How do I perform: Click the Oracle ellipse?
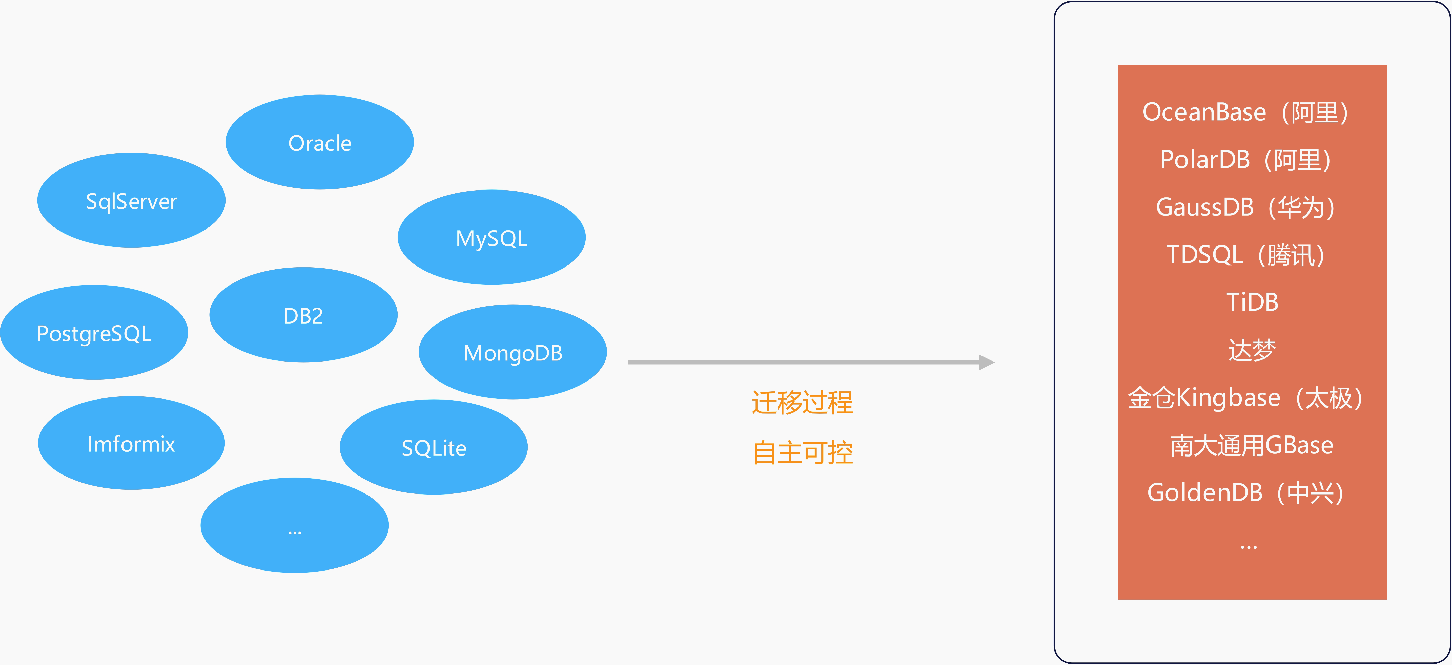point(320,142)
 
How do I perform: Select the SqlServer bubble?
point(131,200)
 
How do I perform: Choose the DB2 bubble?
point(303,315)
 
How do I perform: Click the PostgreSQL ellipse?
point(94,332)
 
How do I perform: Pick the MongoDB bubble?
point(513,352)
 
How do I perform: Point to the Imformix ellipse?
point(131,443)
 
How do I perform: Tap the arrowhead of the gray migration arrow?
point(986,362)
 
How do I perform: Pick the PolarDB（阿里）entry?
point(1246,160)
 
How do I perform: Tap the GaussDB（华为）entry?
point(1246,207)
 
